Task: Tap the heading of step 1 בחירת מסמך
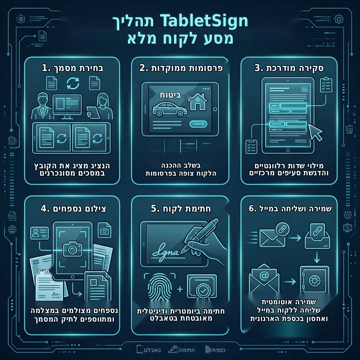point(73,68)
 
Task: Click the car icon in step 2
point(170,109)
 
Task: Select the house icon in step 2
point(198,101)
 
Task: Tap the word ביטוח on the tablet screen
point(170,95)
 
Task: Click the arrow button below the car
point(198,124)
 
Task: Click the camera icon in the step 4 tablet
point(73,249)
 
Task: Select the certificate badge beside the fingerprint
point(202,287)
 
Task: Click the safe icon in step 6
point(314,279)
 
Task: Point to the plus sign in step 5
point(180,289)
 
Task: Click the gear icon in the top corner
point(339,19)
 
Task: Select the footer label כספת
point(219,350)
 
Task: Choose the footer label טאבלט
point(152,350)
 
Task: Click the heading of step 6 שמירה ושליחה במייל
point(290,208)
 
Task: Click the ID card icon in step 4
point(39,233)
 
